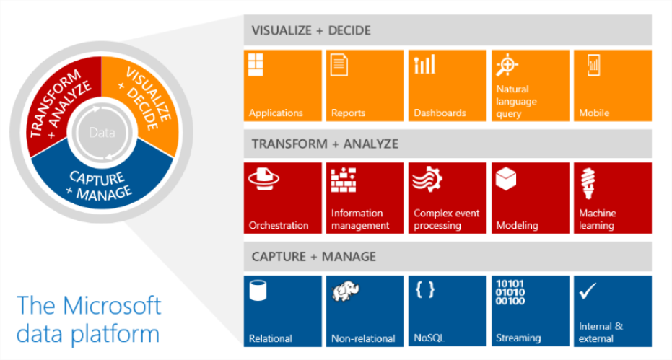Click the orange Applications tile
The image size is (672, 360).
click(x=282, y=85)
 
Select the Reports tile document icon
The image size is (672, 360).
click(x=339, y=65)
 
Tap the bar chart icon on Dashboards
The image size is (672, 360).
click(x=424, y=64)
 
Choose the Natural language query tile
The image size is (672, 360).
click(x=530, y=85)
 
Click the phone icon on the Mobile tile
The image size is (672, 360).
click(x=593, y=65)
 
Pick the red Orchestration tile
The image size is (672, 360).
click(x=282, y=198)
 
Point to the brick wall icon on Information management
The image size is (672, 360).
click(x=344, y=180)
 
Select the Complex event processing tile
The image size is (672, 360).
click(x=448, y=198)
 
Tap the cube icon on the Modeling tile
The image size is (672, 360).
click(x=506, y=179)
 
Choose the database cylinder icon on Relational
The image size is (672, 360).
click(x=258, y=290)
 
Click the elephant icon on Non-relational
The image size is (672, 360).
click(x=346, y=291)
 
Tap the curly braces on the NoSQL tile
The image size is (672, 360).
click(x=425, y=289)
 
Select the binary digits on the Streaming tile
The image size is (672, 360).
click(x=510, y=292)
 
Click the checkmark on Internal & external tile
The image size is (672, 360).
click(x=588, y=291)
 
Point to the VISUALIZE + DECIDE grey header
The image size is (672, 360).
click(x=448, y=30)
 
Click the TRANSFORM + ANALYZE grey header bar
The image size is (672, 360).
click(x=448, y=144)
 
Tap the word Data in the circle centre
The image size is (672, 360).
click(x=102, y=133)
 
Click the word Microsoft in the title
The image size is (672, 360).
click(x=112, y=306)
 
